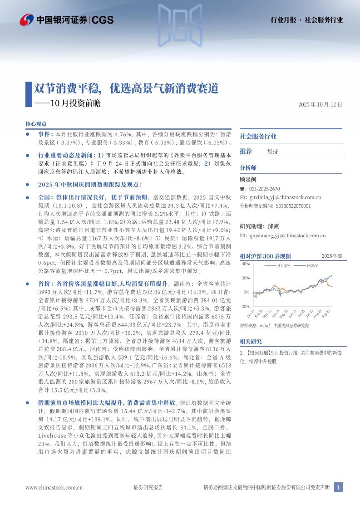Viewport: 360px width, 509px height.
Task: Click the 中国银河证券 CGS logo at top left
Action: coord(67,20)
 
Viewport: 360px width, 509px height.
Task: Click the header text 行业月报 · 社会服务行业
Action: coord(306,20)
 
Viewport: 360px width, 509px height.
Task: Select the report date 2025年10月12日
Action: coord(320,104)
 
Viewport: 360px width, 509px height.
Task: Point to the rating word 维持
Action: coord(272,151)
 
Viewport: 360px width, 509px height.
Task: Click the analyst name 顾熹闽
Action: coord(248,180)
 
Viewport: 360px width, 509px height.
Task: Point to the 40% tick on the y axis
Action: coord(246,264)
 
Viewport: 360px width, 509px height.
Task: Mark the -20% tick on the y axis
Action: coord(245,306)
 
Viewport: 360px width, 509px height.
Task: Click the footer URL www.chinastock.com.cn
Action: coord(54,488)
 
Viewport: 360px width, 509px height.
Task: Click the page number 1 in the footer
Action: coord(338,488)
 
